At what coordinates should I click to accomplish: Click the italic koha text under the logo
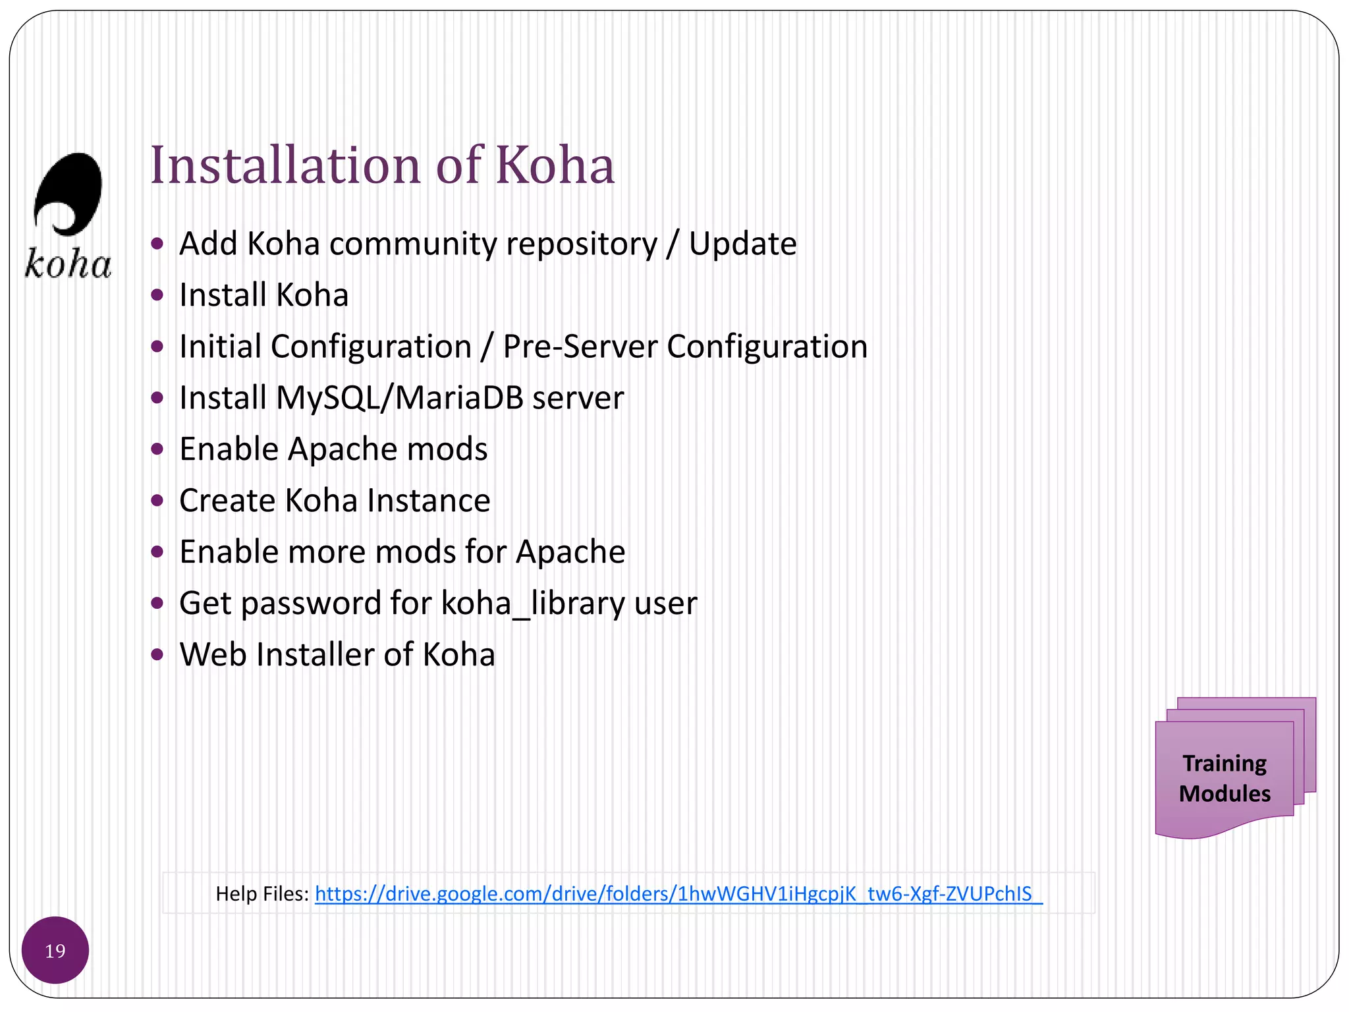(x=69, y=264)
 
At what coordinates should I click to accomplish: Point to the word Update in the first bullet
(x=742, y=244)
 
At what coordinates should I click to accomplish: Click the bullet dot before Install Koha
(x=157, y=295)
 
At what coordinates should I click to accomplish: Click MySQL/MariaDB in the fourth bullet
(x=400, y=398)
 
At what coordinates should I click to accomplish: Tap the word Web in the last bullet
(x=213, y=655)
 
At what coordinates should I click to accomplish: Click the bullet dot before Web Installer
(x=157, y=655)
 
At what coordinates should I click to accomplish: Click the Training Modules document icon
(x=1225, y=778)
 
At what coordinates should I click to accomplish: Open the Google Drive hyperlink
(x=678, y=894)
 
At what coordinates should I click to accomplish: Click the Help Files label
(x=262, y=894)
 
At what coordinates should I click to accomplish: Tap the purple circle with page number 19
(x=55, y=950)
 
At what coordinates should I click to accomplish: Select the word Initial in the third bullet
(x=221, y=347)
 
